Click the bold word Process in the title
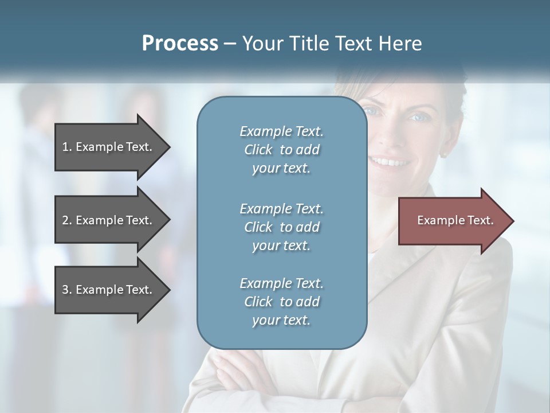coord(180,44)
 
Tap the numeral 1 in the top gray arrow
coord(65,147)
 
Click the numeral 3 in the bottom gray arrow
coord(65,290)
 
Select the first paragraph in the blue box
coord(281,150)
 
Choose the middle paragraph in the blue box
coord(281,227)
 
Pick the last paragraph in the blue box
coord(281,301)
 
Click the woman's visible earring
coord(442,154)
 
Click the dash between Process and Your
coord(230,44)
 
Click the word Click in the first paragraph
coord(258,150)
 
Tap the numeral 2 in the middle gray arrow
coord(65,220)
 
